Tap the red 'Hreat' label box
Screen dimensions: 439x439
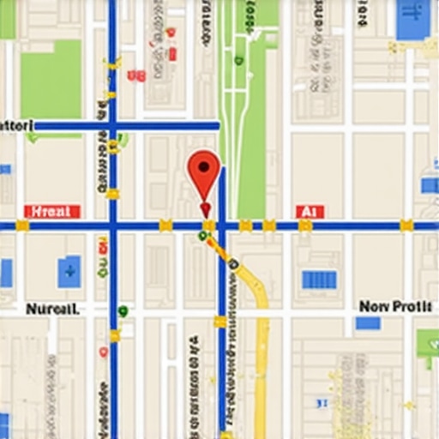53,211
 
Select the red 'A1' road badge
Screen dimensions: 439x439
310,211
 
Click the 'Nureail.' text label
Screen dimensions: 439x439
53,309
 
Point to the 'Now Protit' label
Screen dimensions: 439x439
396,306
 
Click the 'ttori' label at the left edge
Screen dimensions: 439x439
15,125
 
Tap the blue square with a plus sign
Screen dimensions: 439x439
69,272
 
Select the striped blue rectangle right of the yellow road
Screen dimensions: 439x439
319,280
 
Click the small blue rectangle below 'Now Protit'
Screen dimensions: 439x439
368,323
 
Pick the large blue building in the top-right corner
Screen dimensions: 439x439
413,19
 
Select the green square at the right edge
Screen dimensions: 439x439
428,344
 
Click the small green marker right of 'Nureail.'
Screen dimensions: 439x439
123,310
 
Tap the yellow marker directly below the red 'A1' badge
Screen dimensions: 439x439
305,226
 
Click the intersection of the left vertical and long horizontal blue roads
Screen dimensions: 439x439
112,226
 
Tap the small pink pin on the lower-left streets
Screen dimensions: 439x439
103,352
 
